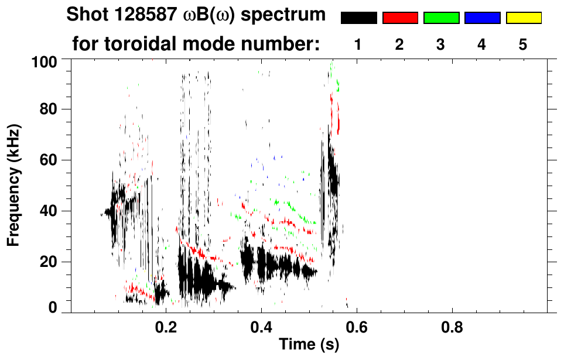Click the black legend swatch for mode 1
click(358, 18)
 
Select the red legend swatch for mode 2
click(400, 18)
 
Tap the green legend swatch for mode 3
click(441, 18)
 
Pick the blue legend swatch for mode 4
click(482, 18)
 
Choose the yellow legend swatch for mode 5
click(524, 18)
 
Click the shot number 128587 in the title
click(142, 15)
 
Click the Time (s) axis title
click(309, 345)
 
